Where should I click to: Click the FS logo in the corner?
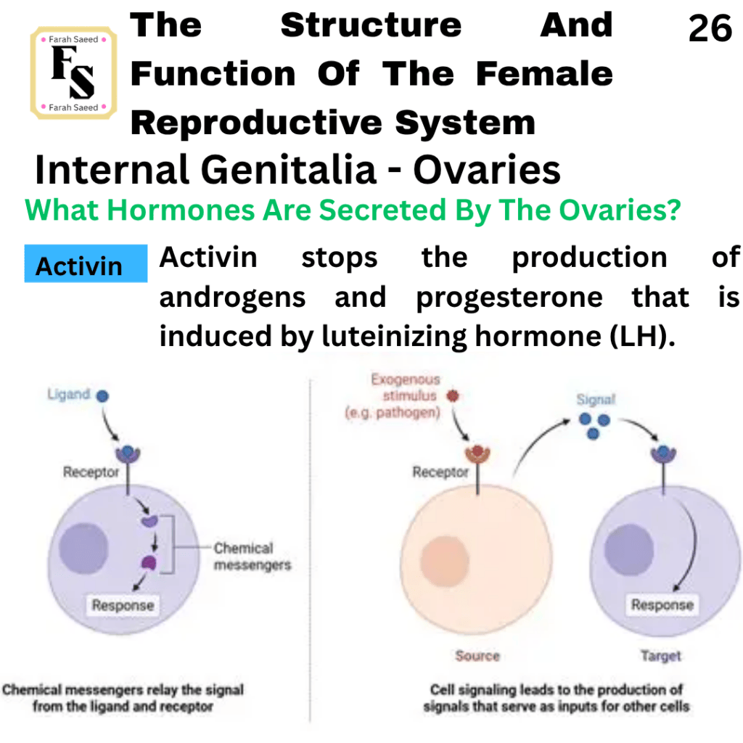coord(73,73)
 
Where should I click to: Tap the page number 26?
coord(710,28)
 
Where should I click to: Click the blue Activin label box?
coord(86,263)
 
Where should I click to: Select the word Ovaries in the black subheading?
coord(487,170)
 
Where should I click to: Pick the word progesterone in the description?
coord(509,298)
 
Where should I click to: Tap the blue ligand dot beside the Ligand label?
coord(102,395)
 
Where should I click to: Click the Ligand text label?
coord(69,394)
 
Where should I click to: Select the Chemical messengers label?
coord(252,557)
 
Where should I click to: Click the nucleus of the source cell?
coord(445,562)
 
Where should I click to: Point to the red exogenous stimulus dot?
coord(453,395)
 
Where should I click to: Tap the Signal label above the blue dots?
coord(596,400)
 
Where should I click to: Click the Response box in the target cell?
coord(662,604)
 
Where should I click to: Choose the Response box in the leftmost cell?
coord(123,605)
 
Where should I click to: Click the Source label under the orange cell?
coord(477,656)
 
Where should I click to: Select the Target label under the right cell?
coord(661,656)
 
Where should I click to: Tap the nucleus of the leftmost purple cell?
coord(84,549)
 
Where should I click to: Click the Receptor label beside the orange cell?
coord(440,472)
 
